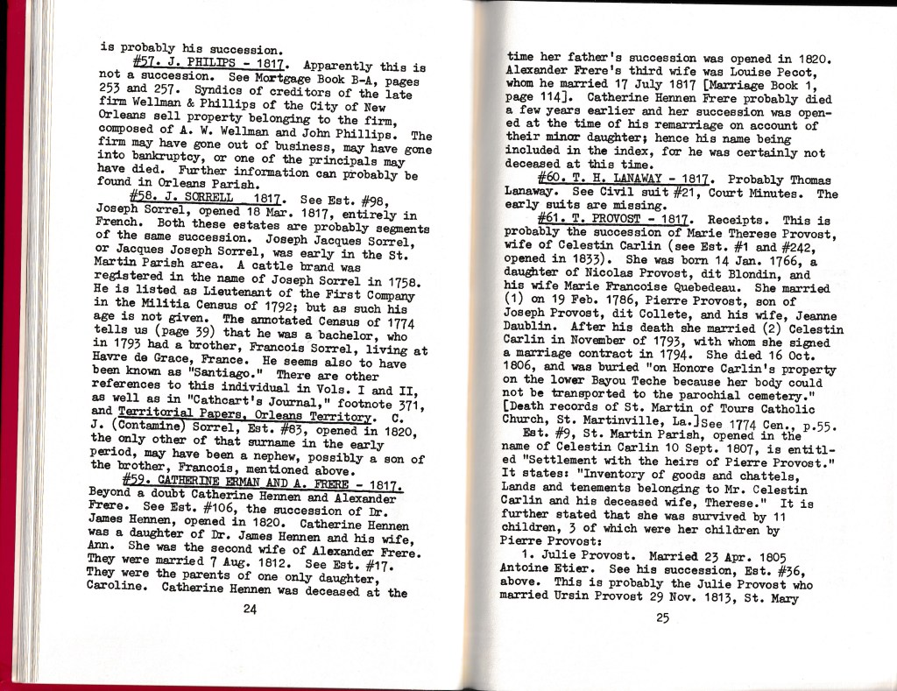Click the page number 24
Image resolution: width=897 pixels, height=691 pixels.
pyautogui.click(x=249, y=610)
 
